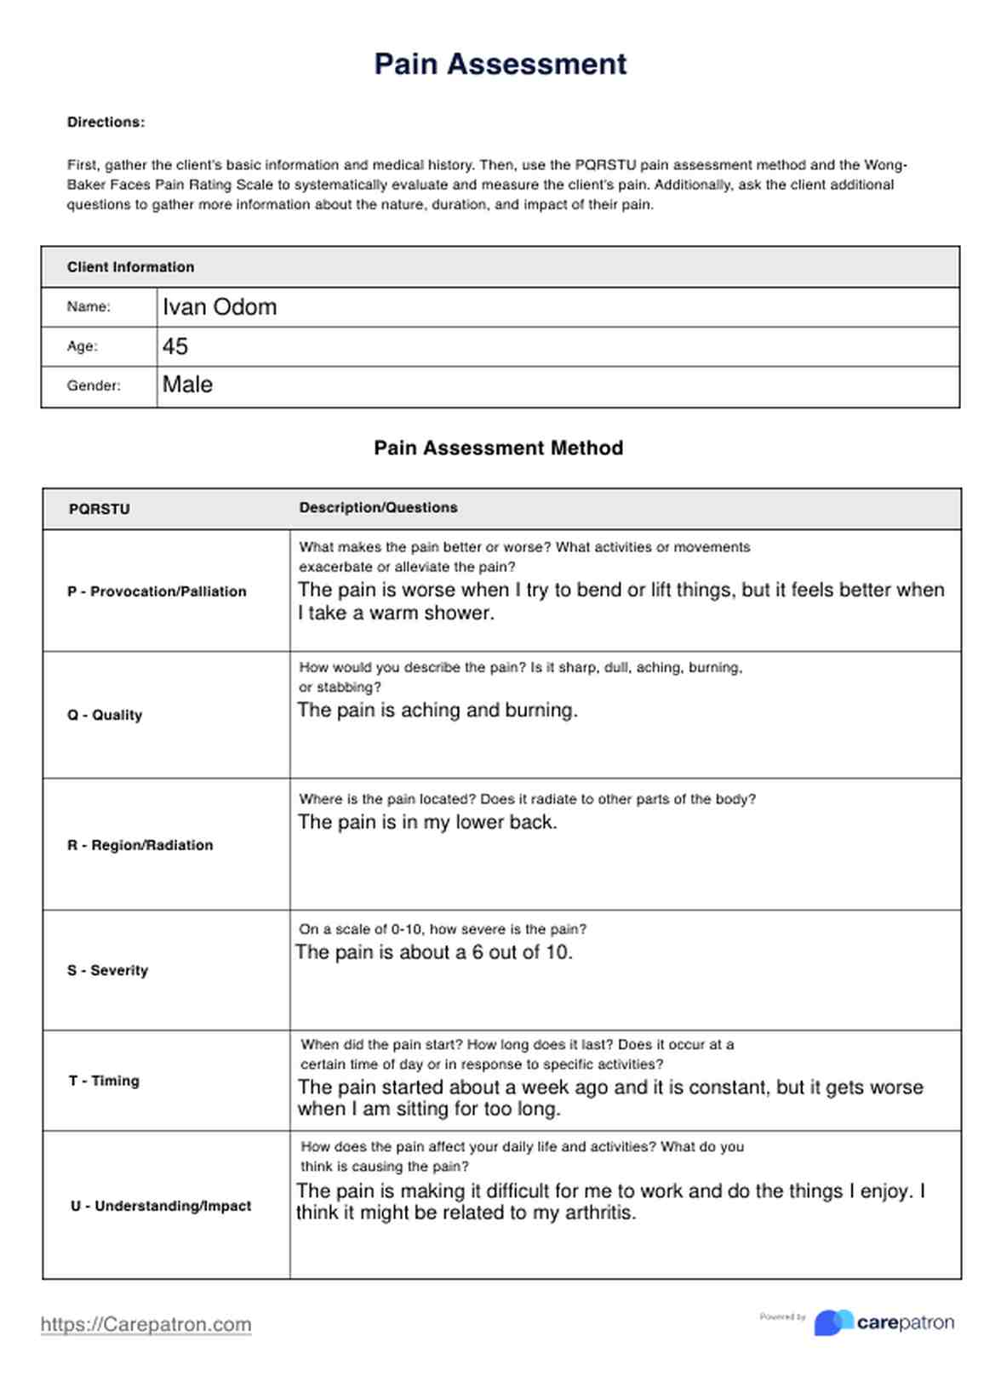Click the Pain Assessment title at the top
coord(500,64)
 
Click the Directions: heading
coord(106,123)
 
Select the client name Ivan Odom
coord(220,307)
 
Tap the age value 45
coord(175,346)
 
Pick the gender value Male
coord(187,385)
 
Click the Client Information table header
coord(130,267)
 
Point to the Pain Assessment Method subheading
coord(499,448)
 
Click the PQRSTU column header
coord(99,509)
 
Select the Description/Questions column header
coord(378,508)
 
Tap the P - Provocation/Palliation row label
coord(157,591)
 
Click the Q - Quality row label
coord(105,715)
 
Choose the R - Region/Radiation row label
coord(140,845)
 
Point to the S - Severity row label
coord(107,970)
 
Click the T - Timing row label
coord(104,1081)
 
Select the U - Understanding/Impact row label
coord(161,1206)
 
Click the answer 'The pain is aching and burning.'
coord(438,710)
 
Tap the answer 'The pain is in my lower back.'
coord(427,822)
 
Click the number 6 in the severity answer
coord(478,952)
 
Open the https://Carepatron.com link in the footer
coord(146,1324)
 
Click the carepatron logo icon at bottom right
coord(833,1322)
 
